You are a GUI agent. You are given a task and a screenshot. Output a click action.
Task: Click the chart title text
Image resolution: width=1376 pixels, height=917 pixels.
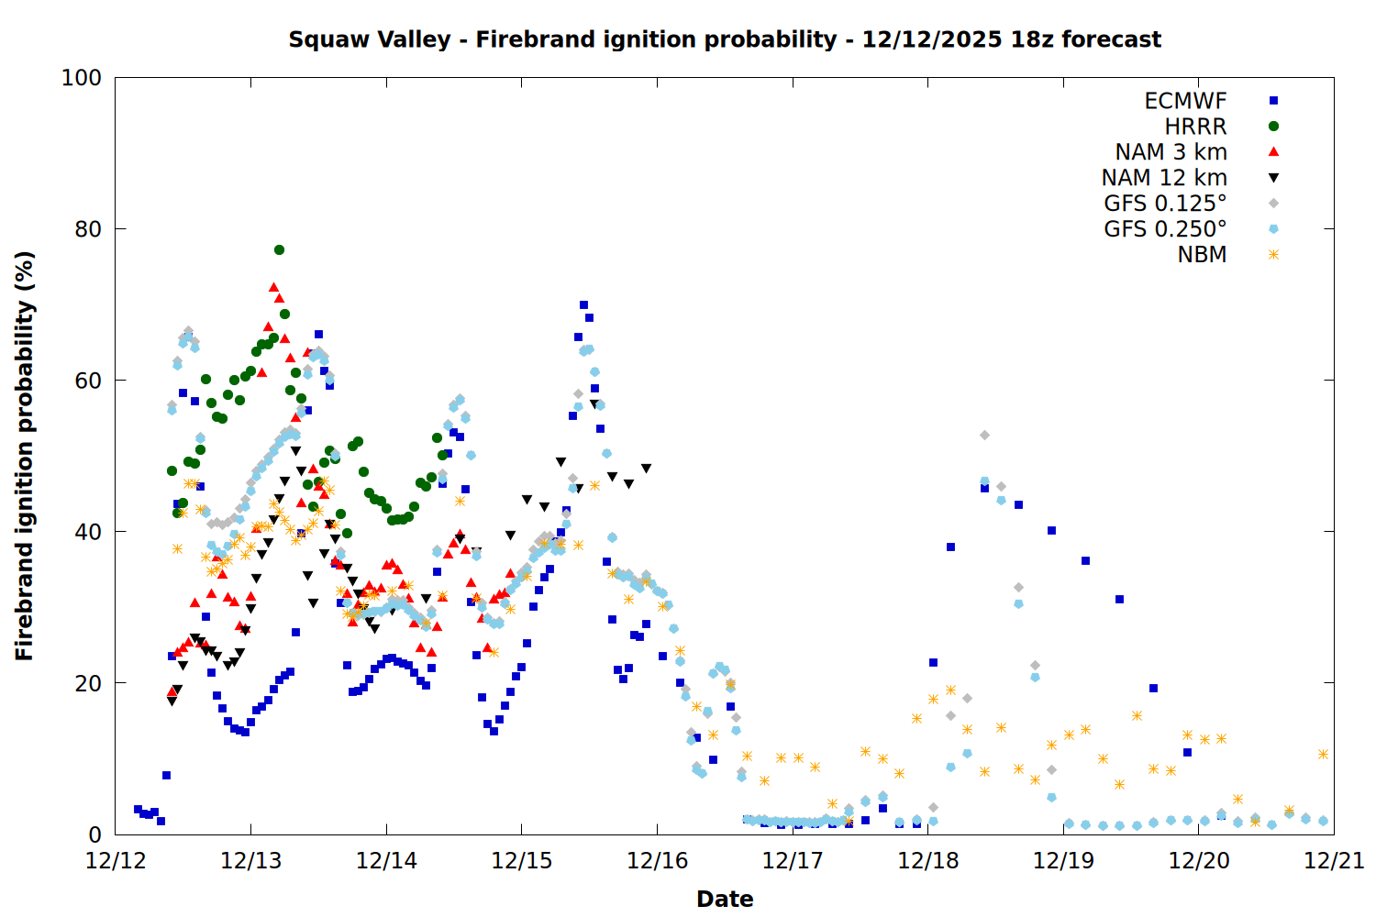(x=725, y=39)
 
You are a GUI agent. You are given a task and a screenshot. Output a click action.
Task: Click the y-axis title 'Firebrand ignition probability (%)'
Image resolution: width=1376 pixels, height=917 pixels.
(x=25, y=456)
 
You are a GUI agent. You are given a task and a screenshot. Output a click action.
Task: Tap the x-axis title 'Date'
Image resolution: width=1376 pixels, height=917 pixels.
(x=725, y=899)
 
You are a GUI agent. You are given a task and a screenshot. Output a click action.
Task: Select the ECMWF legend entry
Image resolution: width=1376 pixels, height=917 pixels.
(x=1185, y=101)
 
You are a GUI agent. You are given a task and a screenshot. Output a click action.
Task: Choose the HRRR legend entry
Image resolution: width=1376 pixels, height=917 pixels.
(x=1195, y=127)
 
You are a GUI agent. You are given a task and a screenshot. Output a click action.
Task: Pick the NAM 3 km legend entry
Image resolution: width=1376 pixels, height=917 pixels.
(x=1171, y=152)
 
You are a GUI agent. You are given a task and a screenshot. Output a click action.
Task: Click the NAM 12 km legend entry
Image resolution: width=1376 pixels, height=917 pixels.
(x=1164, y=178)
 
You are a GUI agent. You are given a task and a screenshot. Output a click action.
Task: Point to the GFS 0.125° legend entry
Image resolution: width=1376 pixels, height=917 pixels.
(x=1165, y=204)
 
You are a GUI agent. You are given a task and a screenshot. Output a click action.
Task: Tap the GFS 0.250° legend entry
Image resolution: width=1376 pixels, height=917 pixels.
(x=1165, y=229)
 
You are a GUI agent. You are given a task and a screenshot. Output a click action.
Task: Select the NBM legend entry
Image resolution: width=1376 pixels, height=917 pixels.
(x=1202, y=255)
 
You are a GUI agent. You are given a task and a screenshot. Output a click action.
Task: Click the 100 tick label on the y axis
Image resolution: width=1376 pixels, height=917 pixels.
(x=82, y=78)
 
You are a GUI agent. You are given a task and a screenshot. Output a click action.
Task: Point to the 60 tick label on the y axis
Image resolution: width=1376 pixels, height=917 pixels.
(x=88, y=381)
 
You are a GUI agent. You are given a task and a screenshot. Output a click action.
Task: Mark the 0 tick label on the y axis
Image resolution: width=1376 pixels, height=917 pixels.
(x=94, y=834)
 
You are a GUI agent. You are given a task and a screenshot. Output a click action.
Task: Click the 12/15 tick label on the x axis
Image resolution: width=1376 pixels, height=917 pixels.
(x=522, y=861)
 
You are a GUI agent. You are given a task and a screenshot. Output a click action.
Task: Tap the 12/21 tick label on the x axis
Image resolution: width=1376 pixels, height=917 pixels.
(x=1334, y=861)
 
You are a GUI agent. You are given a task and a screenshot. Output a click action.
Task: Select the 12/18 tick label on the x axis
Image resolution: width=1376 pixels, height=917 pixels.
(x=927, y=861)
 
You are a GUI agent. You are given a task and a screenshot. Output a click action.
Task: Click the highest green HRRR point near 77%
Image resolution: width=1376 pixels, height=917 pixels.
(x=279, y=249)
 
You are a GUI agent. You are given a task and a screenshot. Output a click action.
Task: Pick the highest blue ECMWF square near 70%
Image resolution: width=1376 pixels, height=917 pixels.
(x=583, y=305)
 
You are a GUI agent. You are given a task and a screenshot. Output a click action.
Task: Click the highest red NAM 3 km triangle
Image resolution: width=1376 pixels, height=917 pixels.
(x=273, y=287)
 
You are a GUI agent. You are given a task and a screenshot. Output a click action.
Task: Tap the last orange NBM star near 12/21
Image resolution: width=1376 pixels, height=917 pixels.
(x=1323, y=754)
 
